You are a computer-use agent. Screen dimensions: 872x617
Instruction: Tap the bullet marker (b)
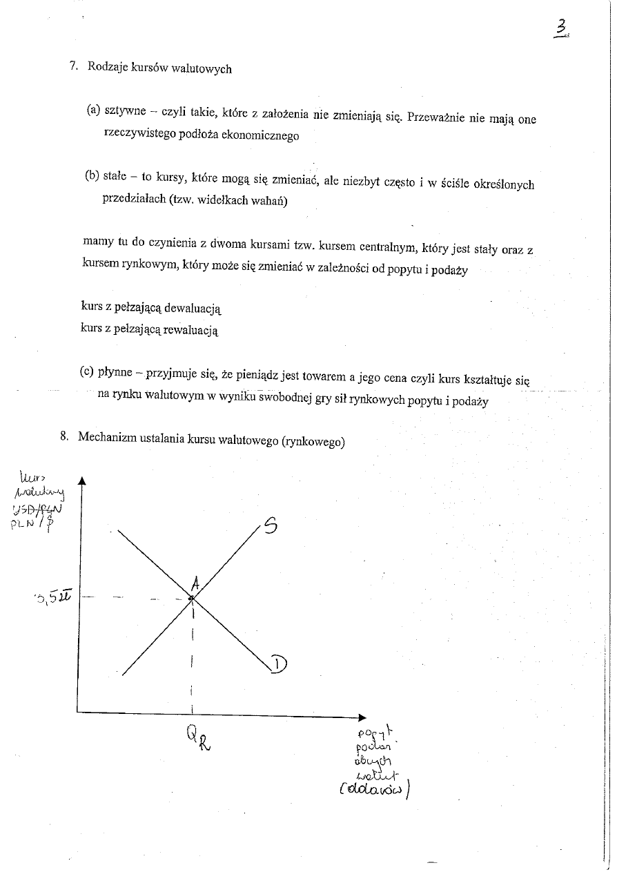pos(92,176)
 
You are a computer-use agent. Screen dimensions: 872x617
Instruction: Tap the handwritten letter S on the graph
pos(271,526)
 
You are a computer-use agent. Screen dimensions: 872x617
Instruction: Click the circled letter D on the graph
pos(278,664)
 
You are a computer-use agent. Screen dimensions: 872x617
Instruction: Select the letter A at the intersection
pos(195,584)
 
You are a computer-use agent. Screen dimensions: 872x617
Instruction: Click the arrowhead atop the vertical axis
pos(81,481)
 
